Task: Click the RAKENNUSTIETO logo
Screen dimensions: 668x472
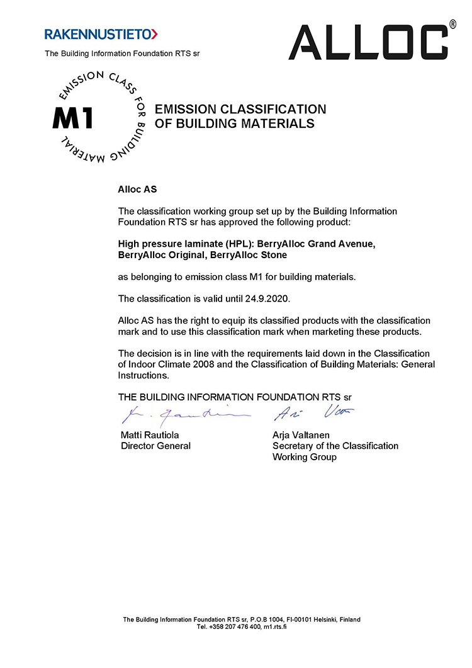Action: pyautogui.click(x=101, y=33)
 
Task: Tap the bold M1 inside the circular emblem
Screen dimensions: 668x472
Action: pyautogui.click(x=73, y=118)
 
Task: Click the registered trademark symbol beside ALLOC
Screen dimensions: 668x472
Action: pyautogui.click(x=452, y=25)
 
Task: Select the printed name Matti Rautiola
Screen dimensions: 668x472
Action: pyautogui.click(x=150, y=434)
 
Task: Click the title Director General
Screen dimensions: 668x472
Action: pyautogui.click(x=155, y=446)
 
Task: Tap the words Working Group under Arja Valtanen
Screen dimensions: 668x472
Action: pyautogui.click(x=305, y=457)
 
